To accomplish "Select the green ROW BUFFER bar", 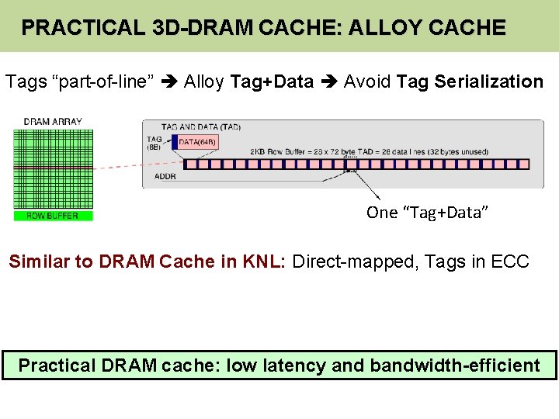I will coord(53,216).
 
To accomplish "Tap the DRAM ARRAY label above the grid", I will coord(52,122).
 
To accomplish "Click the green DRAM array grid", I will coord(53,167).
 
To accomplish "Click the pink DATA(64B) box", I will coord(197,142).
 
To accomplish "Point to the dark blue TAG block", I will coord(174,143).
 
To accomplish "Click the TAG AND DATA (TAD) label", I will coord(200,126).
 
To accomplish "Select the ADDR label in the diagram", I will coord(165,176).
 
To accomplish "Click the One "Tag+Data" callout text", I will coord(427,213).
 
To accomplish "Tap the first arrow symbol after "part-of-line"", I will coord(170,81).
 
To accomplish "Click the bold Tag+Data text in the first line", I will coord(273,81).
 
